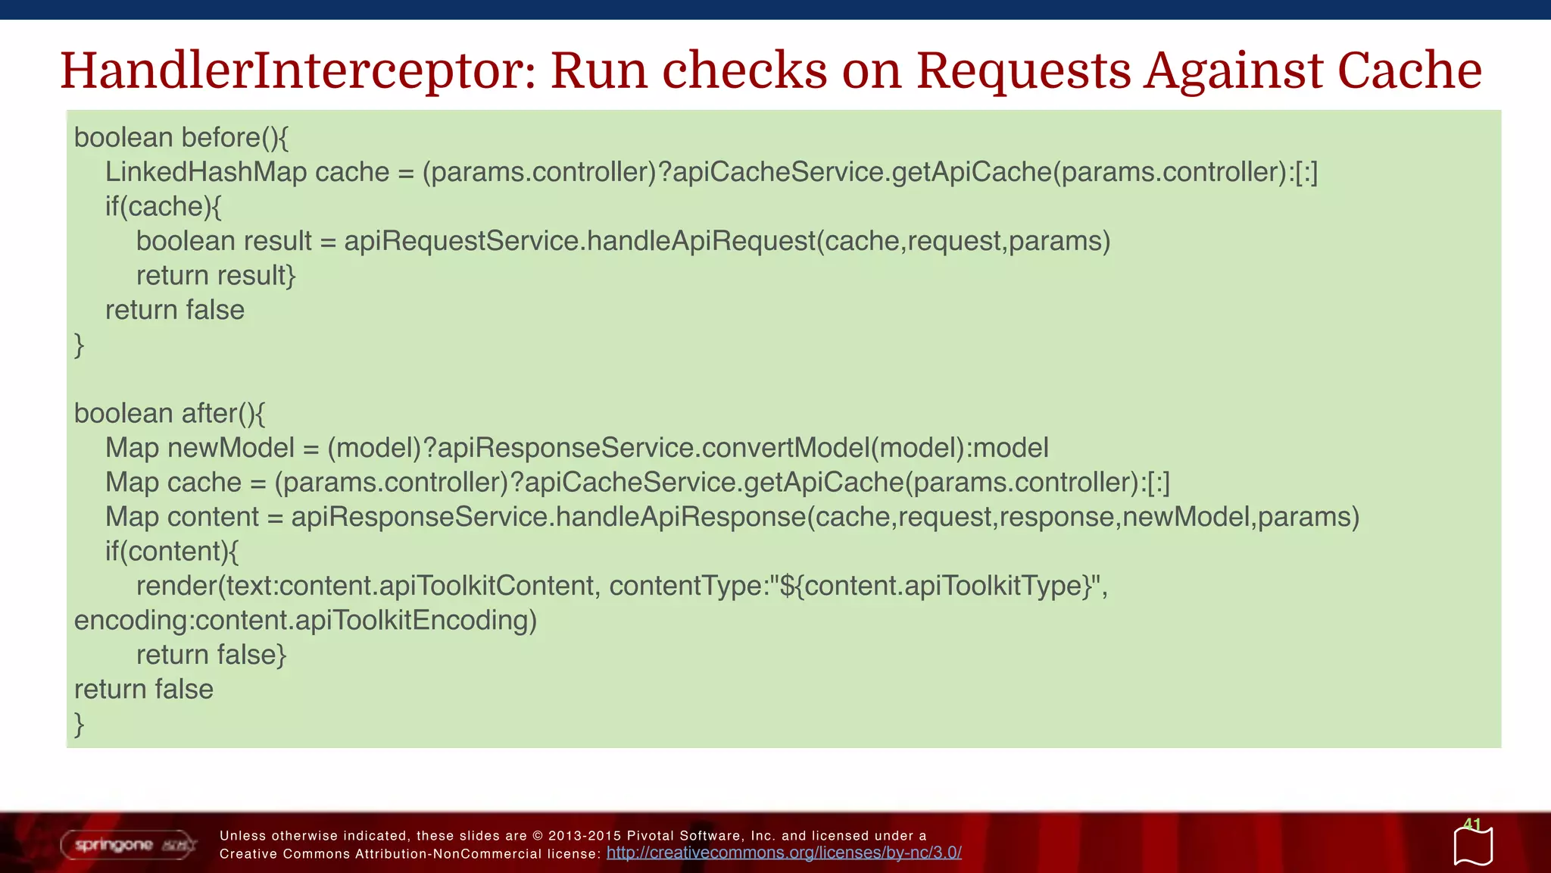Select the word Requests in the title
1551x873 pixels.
tap(1023, 70)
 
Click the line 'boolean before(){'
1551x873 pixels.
tap(181, 138)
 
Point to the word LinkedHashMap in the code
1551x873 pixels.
tap(205, 172)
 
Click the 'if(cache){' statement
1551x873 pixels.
tap(163, 207)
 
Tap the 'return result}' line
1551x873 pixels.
tap(216, 276)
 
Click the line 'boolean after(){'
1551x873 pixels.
tap(170, 414)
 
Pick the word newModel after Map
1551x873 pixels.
tap(231, 448)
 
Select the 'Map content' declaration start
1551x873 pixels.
tap(182, 517)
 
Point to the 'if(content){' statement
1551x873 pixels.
tap(172, 552)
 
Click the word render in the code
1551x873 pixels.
tap(177, 586)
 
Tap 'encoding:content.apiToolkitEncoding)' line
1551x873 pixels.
tap(305, 621)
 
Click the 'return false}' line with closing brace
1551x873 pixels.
tap(211, 655)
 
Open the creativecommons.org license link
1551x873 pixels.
tap(784, 853)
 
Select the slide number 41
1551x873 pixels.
tap(1471, 824)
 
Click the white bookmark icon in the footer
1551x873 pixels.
tap(1473, 847)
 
